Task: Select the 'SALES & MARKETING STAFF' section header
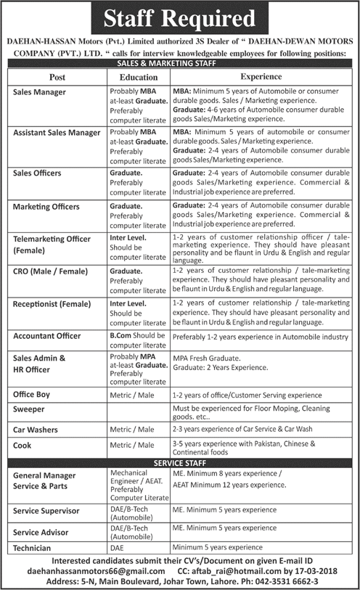[x=179, y=64]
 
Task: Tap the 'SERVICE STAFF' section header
[x=179, y=462]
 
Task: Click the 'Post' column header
[x=57, y=76]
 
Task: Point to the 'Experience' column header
[x=261, y=76]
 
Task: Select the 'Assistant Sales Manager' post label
[x=56, y=133]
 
